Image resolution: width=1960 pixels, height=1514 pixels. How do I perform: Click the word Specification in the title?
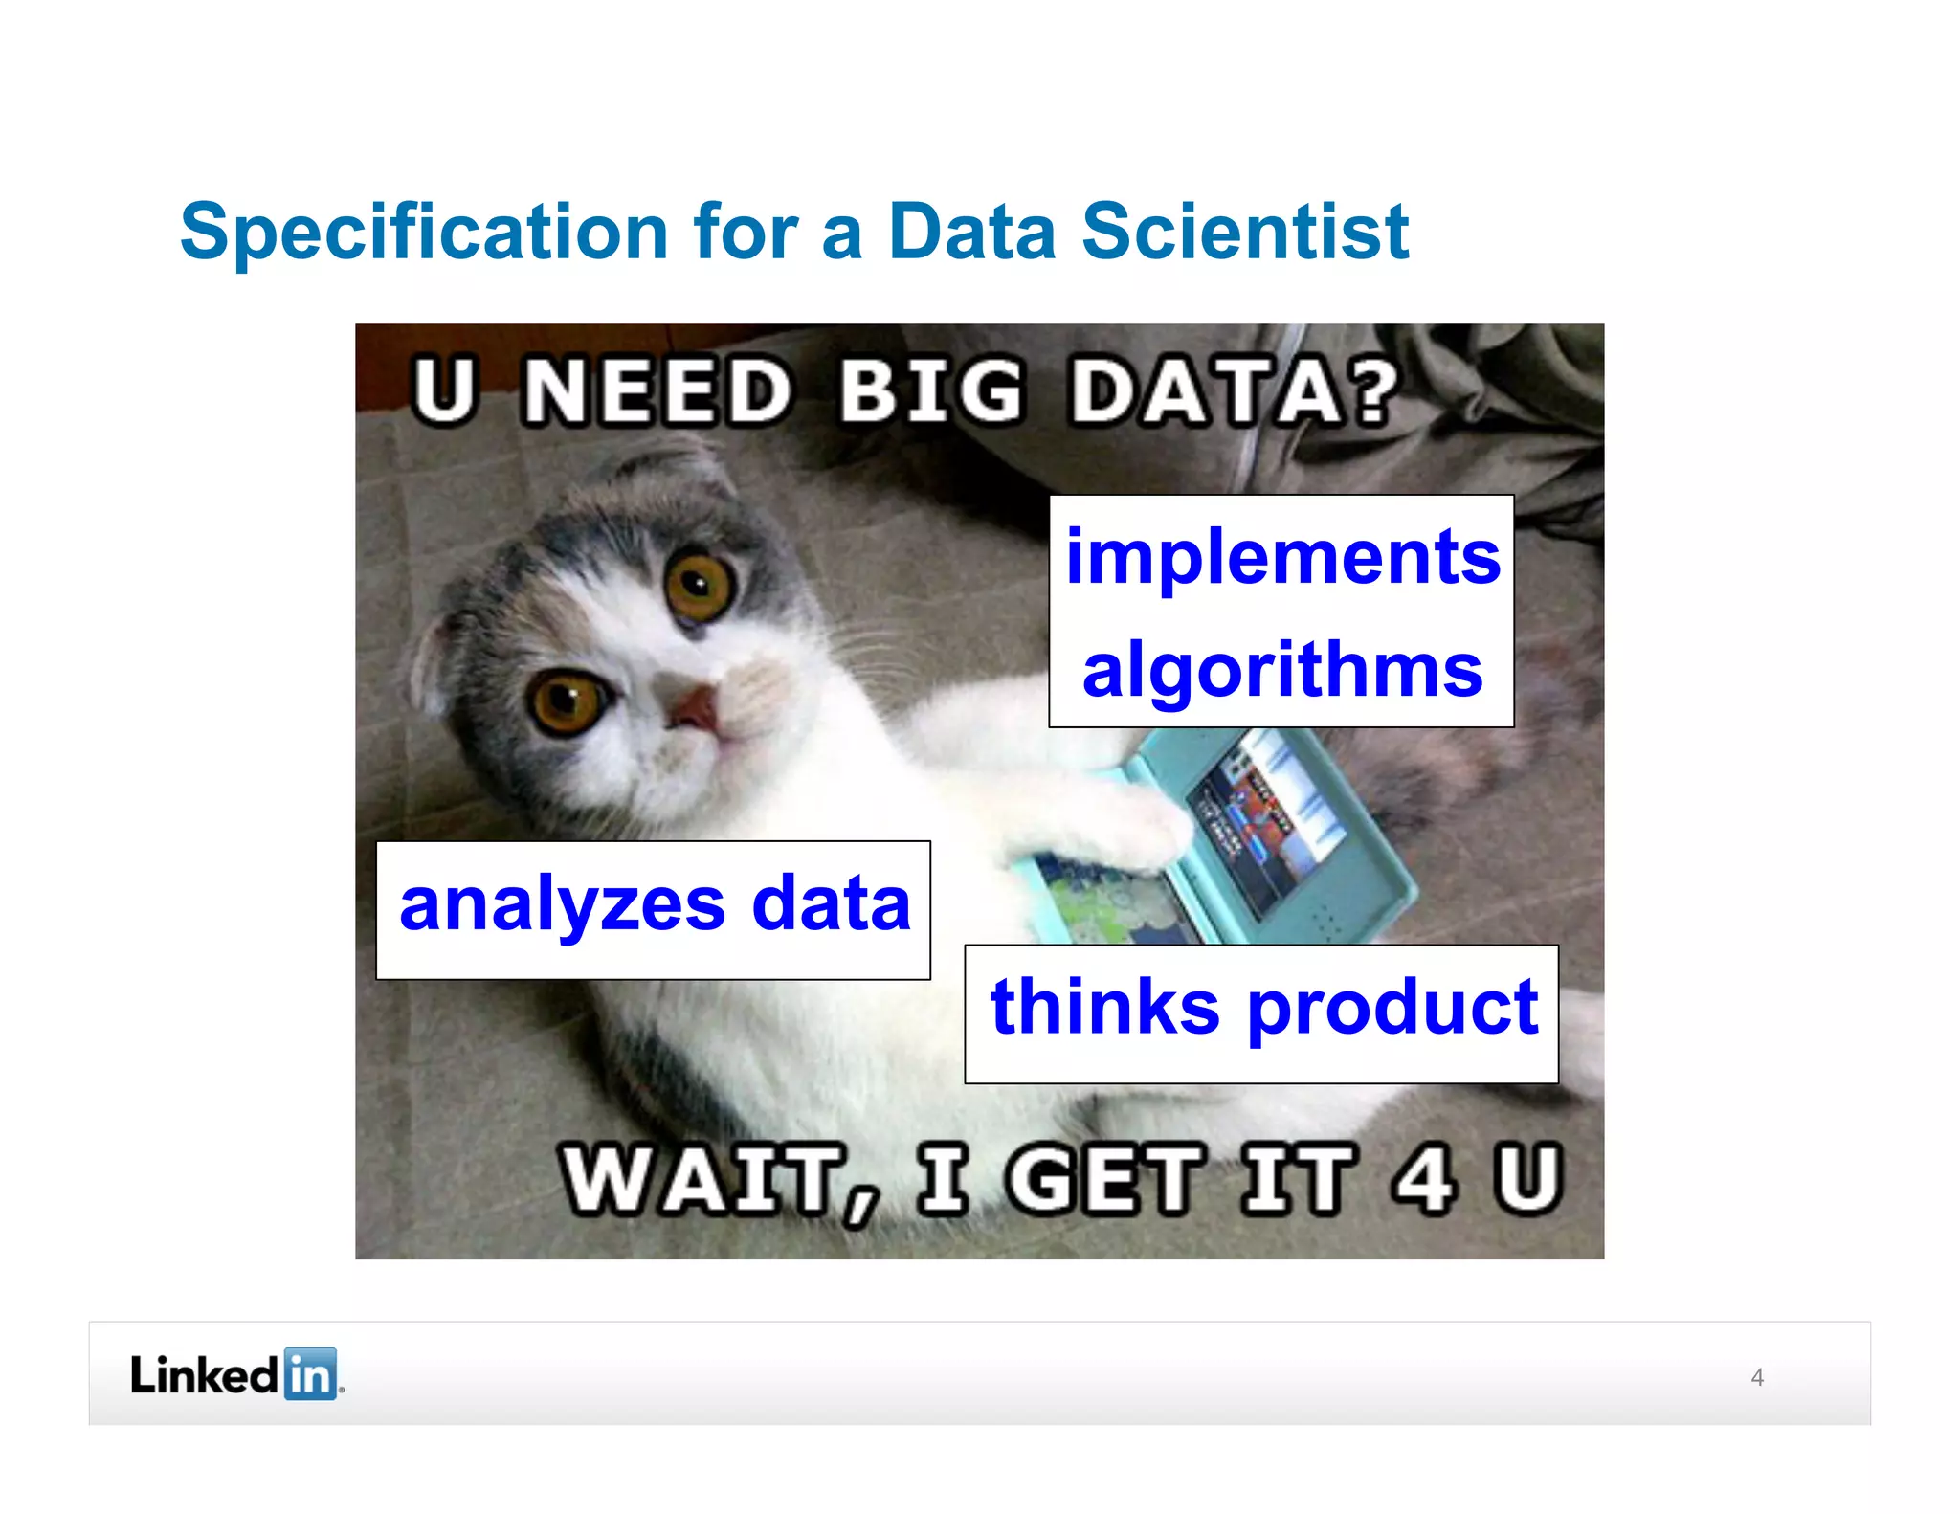(424, 233)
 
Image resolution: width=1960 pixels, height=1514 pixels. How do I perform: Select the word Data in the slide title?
(971, 233)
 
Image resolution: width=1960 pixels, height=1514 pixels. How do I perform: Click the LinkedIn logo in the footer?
(235, 1374)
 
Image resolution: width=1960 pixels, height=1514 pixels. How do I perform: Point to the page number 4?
(1757, 1377)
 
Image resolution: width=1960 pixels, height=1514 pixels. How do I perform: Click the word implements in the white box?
(1282, 557)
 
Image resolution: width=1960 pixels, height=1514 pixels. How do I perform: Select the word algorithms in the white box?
(1282, 670)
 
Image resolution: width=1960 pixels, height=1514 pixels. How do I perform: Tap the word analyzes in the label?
(563, 904)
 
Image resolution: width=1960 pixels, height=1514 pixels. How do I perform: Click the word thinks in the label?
(1104, 1007)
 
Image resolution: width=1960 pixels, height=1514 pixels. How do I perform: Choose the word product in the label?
(1393, 1009)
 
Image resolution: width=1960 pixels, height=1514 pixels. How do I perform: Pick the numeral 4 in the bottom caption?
(1425, 1179)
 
